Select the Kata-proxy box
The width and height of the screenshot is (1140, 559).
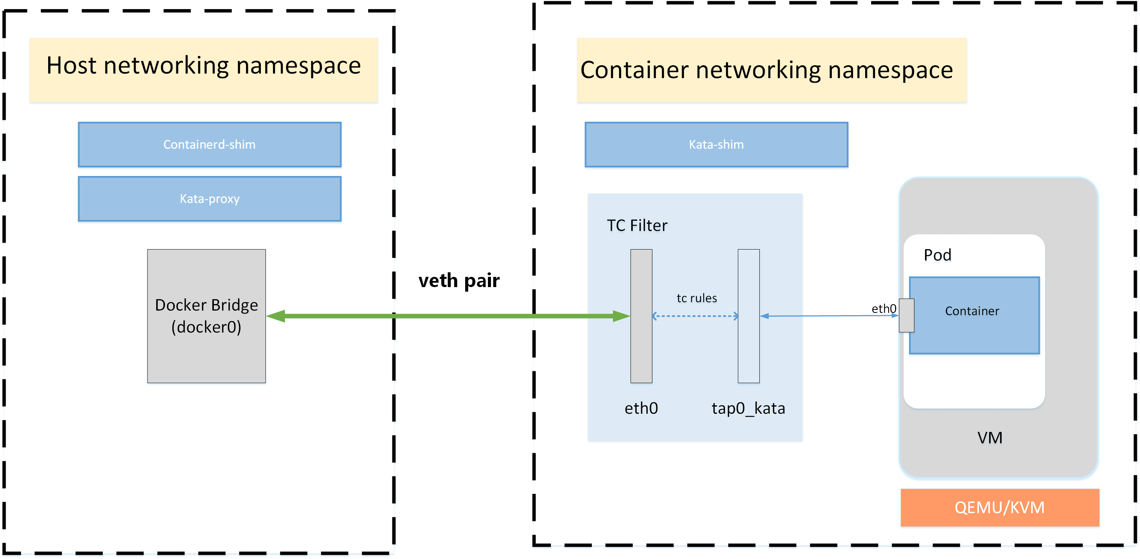click(209, 199)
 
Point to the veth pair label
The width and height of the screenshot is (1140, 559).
click(459, 281)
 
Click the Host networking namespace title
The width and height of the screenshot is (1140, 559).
click(204, 66)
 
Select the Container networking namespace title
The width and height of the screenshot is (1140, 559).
click(767, 70)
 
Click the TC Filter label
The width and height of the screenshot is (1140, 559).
click(637, 226)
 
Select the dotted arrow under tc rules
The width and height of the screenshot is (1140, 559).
click(695, 316)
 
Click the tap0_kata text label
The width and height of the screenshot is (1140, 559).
click(748, 408)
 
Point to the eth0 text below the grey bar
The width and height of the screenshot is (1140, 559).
click(641, 408)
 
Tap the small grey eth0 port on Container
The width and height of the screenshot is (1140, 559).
click(906, 316)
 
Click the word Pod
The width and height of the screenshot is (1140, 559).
click(937, 255)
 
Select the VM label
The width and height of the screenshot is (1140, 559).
click(989, 438)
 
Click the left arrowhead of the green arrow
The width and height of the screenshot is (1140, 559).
click(276, 316)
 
